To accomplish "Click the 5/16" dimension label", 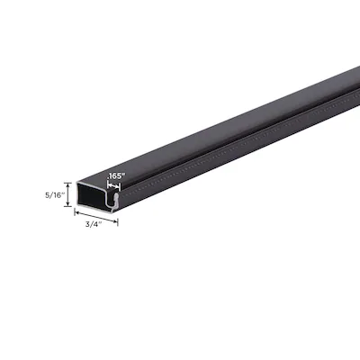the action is click(55, 195).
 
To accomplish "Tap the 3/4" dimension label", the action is click(94, 224).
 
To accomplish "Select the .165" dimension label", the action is click(115, 176).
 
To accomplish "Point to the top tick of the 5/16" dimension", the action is click(68, 183).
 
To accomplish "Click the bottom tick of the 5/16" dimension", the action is click(68, 206).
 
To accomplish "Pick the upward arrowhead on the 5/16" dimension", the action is click(68, 184).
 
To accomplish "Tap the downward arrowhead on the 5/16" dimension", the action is click(68, 204).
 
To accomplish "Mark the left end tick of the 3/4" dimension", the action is click(75, 211).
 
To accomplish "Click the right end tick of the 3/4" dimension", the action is click(118, 222).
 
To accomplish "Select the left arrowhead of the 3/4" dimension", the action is click(77, 212).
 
